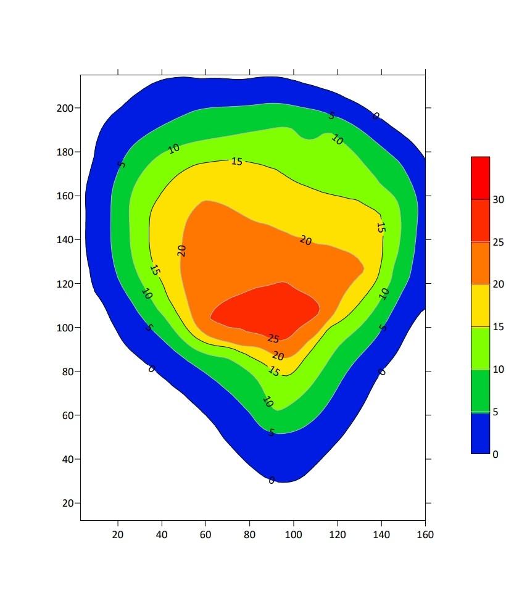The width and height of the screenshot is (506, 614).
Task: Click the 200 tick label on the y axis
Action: tap(65, 108)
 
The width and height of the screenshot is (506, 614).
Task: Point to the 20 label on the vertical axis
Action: tap(67, 503)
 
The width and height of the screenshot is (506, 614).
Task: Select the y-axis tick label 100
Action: tap(65, 328)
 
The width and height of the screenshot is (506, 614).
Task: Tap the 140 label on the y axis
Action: tap(65, 239)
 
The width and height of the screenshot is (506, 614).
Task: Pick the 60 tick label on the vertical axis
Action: tap(67, 415)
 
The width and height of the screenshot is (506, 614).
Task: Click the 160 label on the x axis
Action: tap(425, 534)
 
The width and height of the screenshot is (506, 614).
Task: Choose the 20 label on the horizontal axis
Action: tap(118, 534)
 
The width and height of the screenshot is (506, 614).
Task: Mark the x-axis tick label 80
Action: tap(249, 534)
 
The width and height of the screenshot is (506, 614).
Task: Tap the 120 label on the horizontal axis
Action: tap(338, 534)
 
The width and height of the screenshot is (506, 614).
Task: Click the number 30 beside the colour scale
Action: tap(498, 199)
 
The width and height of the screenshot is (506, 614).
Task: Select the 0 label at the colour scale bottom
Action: tap(496, 454)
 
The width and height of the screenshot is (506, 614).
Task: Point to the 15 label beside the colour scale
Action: tap(498, 326)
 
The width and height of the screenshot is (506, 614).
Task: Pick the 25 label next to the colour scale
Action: tap(498, 243)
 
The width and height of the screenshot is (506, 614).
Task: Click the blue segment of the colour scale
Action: tap(480, 433)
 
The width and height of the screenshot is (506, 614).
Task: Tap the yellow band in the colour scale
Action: tap(480, 305)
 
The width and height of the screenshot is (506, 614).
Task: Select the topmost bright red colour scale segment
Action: tap(480, 178)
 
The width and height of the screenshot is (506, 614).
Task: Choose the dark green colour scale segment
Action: tap(480, 391)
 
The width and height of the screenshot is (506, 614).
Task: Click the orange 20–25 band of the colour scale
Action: tap(480, 263)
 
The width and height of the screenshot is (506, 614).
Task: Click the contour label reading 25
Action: tap(273, 339)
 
